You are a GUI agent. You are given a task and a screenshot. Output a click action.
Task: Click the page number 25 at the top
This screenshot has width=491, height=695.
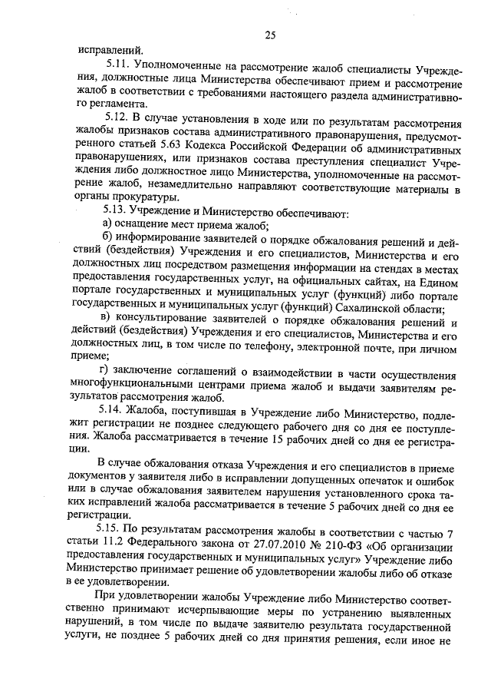click(269, 35)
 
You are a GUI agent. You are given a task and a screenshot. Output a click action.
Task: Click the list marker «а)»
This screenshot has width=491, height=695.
click(108, 225)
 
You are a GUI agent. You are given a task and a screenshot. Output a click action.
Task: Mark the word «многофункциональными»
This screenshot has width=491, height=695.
click(147, 388)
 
